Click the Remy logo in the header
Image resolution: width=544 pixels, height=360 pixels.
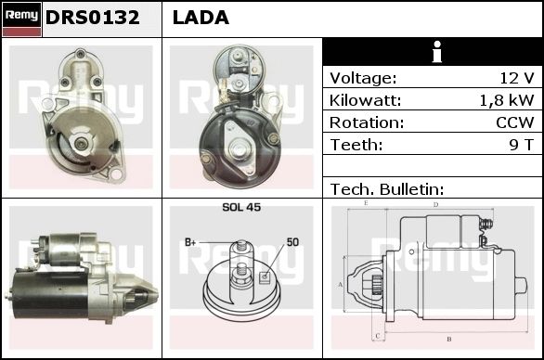tap(21, 19)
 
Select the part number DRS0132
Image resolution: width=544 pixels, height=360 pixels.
tap(92, 18)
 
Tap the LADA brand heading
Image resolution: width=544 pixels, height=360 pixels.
tap(201, 18)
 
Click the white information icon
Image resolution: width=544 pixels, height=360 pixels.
tap(437, 52)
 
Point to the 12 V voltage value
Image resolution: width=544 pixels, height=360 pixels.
tap(516, 78)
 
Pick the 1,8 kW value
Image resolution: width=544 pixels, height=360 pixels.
tap(507, 100)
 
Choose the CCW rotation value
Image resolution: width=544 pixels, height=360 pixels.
tap(515, 122)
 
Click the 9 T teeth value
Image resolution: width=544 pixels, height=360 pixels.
tap(521, 145)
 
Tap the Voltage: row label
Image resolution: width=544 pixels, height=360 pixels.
tap(363, 78)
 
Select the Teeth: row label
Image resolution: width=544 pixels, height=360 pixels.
tap(356, 145)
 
